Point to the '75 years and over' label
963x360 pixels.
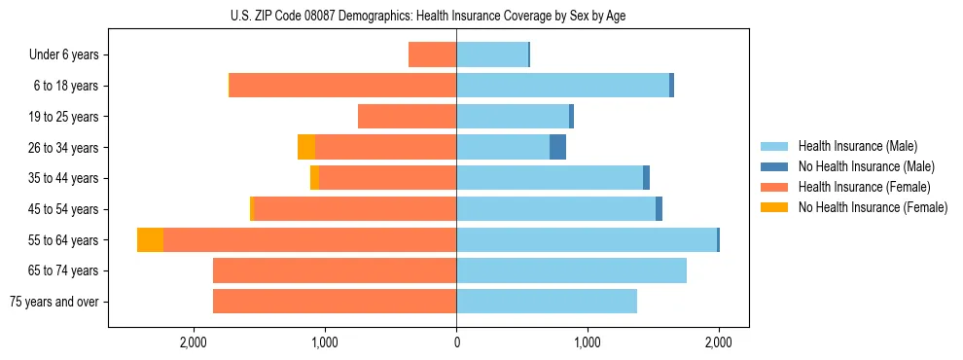click(53, 302)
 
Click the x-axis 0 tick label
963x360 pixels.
click(456, 342)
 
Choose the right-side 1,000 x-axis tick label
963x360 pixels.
click(587, 342)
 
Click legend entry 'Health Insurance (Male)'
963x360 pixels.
click(857, 146)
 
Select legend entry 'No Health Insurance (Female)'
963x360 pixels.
click(873, 207)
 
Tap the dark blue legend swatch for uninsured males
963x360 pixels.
click(774, 166)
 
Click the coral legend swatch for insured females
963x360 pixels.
click(774, 187)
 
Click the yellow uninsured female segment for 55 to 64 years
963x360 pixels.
click(150, 240)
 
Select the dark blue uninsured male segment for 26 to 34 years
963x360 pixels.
click(557, 148)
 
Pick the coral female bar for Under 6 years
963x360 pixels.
click(432, 55)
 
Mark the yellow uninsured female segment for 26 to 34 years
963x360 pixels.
click(306, 148)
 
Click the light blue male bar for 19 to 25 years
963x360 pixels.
click(513, 117)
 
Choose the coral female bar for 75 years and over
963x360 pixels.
click(335, 302)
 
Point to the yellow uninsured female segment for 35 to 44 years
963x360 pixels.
click(314, 178)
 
